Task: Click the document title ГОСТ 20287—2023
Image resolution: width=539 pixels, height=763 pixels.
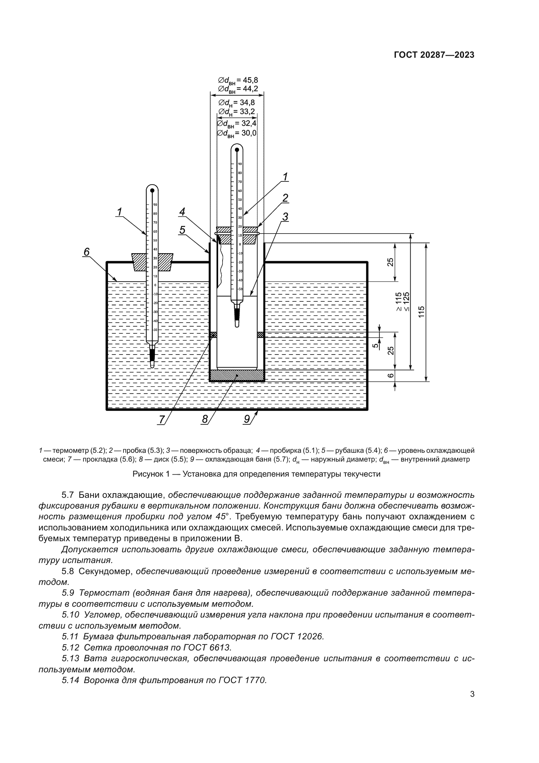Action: tap(434, 55)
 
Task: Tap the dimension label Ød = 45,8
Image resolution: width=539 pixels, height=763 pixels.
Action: tap(238, 81)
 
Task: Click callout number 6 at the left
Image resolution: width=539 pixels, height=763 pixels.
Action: tap(86, 252)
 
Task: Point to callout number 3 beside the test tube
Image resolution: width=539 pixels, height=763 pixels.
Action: tap(285, 217)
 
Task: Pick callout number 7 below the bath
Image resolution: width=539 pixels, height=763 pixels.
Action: tap(162, 420)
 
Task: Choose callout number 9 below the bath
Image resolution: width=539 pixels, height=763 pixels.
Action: tap(247, 420)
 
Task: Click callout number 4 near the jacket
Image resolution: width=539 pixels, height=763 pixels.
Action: tap(182, 212)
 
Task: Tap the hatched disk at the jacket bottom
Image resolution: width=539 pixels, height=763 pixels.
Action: tap(237, 375)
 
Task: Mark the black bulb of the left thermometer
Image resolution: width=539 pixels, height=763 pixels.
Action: tap(152, 355)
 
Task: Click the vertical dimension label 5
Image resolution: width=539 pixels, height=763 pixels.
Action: tap(375, 345)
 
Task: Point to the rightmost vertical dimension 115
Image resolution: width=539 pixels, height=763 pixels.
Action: tap(421, 312)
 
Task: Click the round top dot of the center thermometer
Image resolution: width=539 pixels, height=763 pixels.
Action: tap(237, 150)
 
